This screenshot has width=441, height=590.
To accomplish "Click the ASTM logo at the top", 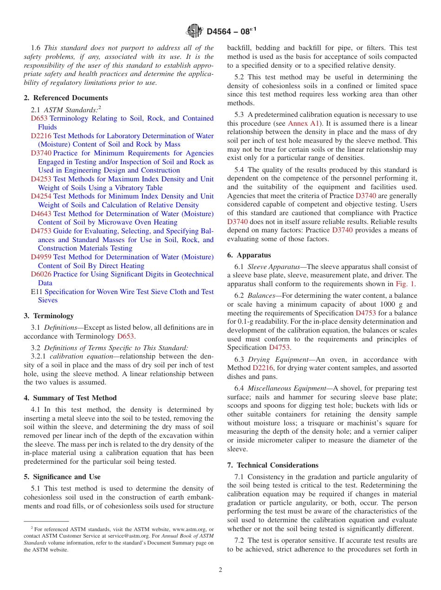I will click(195, 31).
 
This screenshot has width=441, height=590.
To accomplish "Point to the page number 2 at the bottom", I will click(220, 570).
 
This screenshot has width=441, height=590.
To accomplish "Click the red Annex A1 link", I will click(304, 123).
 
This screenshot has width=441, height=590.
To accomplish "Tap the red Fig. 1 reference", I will click(405, 284).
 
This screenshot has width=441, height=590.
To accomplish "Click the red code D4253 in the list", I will click(41, 179).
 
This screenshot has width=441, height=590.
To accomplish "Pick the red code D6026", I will click(41, 274).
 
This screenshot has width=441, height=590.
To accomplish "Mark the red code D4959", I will click(41, 257).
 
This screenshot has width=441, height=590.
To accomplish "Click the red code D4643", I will click(41, 214).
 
